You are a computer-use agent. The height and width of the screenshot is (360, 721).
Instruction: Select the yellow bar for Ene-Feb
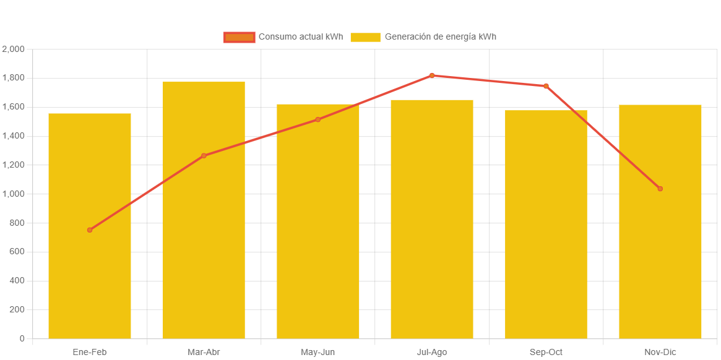tap(90, 278)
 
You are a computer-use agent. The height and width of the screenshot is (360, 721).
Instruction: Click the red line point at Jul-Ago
tap(432, 75)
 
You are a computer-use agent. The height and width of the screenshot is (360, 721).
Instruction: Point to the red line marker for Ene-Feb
tap(90, 229)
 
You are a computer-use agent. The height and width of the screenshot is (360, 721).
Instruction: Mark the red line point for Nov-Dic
tap(660, 189)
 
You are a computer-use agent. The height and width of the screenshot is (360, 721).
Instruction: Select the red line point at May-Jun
tap(318, 119)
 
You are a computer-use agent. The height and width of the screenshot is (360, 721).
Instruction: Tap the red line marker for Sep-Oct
tap(546, 86)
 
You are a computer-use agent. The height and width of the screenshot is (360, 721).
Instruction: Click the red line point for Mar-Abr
tap(204, 156)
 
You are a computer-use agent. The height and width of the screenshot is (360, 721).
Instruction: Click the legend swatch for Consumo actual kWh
tap(239, 37)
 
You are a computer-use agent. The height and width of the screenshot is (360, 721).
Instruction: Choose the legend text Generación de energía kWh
tap(440, 37)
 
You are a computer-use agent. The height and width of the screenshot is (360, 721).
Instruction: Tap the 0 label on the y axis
tap(22, 338)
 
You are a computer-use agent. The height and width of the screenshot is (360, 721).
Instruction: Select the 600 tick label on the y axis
tap(16, 252)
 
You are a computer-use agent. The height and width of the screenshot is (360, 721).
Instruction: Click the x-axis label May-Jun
tap(318, 352)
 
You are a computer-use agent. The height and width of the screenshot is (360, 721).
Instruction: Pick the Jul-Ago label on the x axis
tap(432, 352)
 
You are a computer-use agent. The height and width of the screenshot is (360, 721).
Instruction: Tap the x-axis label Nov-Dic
tap(660, 352)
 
